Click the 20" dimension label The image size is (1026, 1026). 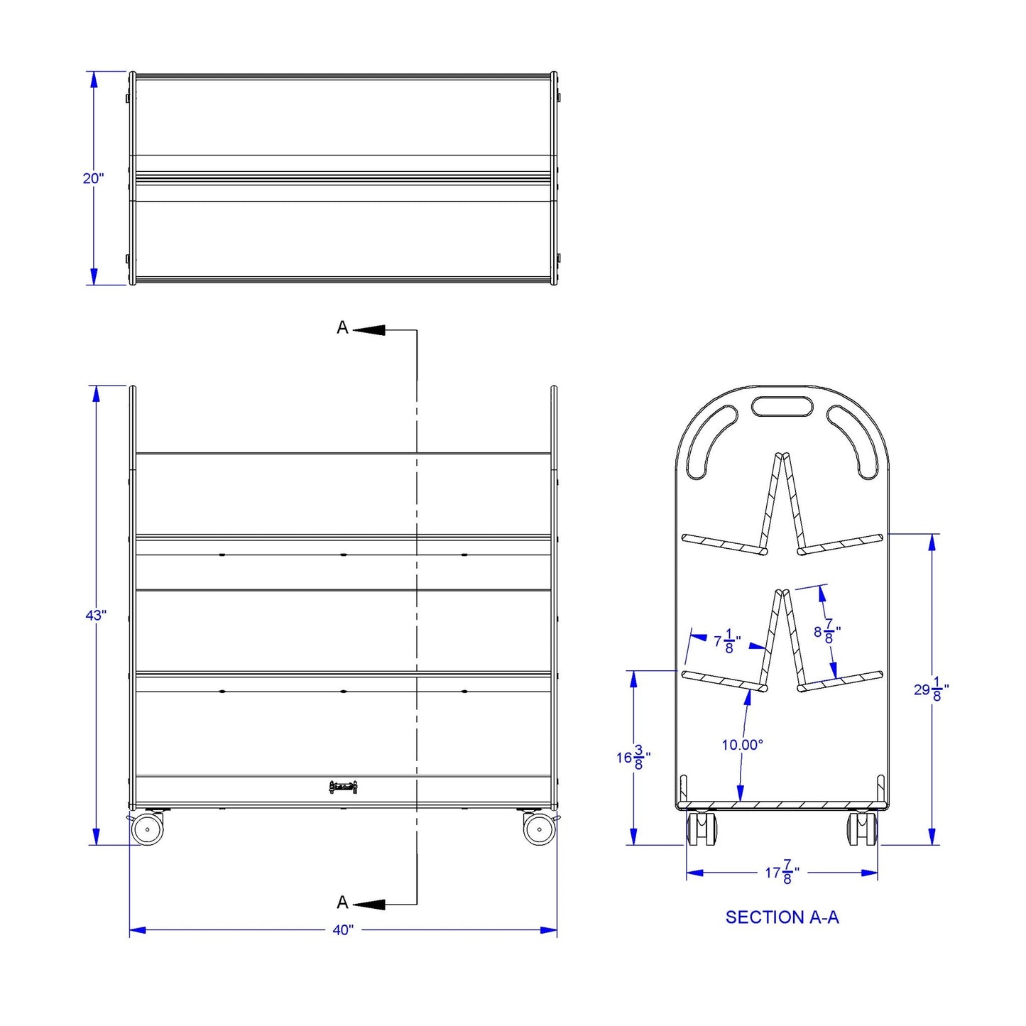93,178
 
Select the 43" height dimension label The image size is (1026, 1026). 97,616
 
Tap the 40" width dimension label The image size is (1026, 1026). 343,930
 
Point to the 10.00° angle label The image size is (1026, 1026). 743,745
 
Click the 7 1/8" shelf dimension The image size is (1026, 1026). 727,641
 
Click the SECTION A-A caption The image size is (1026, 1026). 782,917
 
